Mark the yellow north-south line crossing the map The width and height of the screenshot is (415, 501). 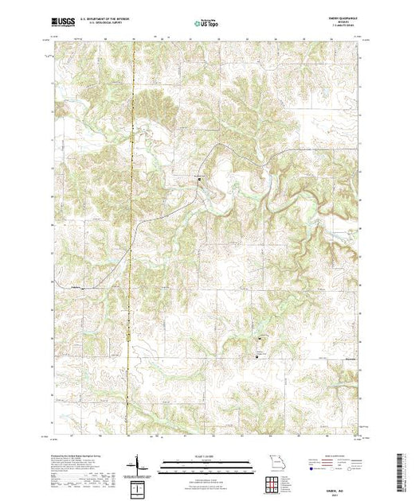click(x=133, y=239)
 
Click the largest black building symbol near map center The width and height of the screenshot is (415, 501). click(x=199, y=183)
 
